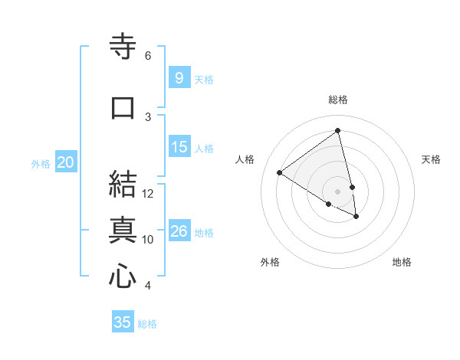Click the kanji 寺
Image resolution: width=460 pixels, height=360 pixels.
pyautogui.click(x=123, y=47)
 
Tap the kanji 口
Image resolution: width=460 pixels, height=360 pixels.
pyautogui.click(x=123, y=107)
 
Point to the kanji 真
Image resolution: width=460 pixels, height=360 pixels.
pyautogui.click(x=123, y=230)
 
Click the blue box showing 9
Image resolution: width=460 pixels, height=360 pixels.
pyautogui.click(x=179, y=77)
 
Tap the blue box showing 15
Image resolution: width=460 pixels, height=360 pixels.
pyautogui.click(x=179, y=147)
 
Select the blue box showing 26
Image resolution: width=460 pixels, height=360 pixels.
pyautogui.click(x=179, y=231)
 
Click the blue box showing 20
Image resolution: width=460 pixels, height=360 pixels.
pyautogui.click(x=66, y=162)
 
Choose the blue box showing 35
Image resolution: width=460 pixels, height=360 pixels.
pyautogui.click(x=123, y=322)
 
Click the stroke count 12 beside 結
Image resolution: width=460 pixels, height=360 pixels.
pyautogui.click(x=148, y=194)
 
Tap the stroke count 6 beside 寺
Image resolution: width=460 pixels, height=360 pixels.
pyautogui.click(x=148, y=56)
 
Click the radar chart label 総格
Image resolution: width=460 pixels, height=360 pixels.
pyautogui.click(x=338, y=100)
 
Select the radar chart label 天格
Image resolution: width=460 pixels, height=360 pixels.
pyautogui.click(x=431, y=159)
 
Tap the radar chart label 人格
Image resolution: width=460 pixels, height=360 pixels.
pyautogui.click(x=245, y=159)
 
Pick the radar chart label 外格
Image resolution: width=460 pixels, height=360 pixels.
pyautogui.click(x=269, y=263)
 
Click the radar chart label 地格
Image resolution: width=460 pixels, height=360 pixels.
pyautogui.click(x=402, y=263)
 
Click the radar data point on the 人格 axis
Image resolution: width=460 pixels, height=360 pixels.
pyautogui.click(x=280, y=172)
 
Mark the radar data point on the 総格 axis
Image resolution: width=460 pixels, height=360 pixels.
pyautogui.click(x=338, y=130)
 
